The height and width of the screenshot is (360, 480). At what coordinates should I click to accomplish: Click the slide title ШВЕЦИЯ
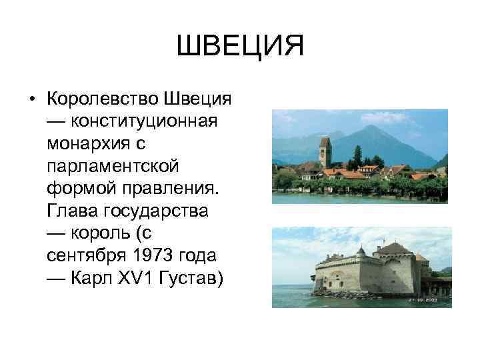pyautogui.click(x=240, y=47)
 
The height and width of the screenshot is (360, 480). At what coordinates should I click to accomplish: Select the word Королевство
pyautogui.click(x=101, y=99)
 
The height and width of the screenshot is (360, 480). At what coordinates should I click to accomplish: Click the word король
pyautogui.click(x=98, y=233)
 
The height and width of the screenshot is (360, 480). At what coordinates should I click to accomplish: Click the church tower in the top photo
pyautogui.click(x=325, y=152)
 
